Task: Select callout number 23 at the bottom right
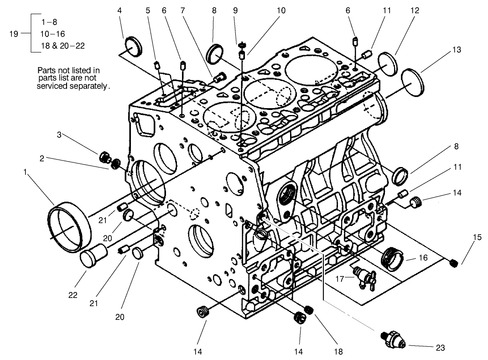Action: pos(440,347)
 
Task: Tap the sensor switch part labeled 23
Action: pos(394,341)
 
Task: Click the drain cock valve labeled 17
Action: pos(363,277)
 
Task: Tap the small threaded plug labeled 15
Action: pos(453,263)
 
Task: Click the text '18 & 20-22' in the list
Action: pos(62,46)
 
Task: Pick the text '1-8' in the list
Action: pos(49,22)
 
